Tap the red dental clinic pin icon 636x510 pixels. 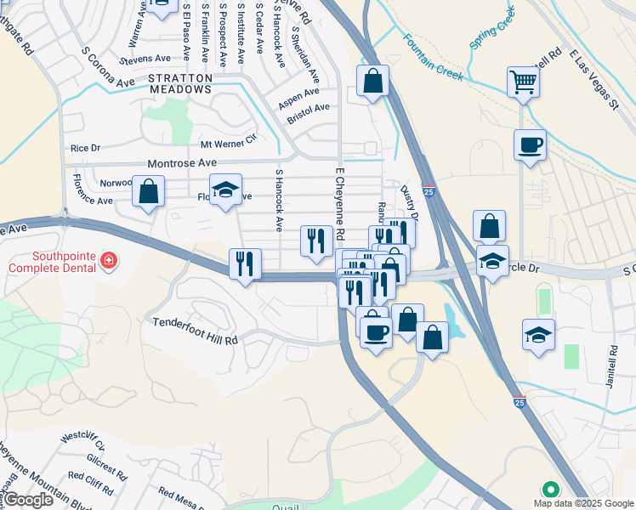point(108,261)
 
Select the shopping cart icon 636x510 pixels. point(523,82)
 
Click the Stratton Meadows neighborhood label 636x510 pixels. point(179,82)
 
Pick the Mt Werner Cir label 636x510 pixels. point(228,140)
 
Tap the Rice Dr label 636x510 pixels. point(85,148)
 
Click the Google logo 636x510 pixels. point(28,500)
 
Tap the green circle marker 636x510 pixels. point(550,490)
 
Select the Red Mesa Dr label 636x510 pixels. point(180,499)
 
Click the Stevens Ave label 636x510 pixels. point(145,59)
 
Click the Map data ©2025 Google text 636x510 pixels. point(582,503)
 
